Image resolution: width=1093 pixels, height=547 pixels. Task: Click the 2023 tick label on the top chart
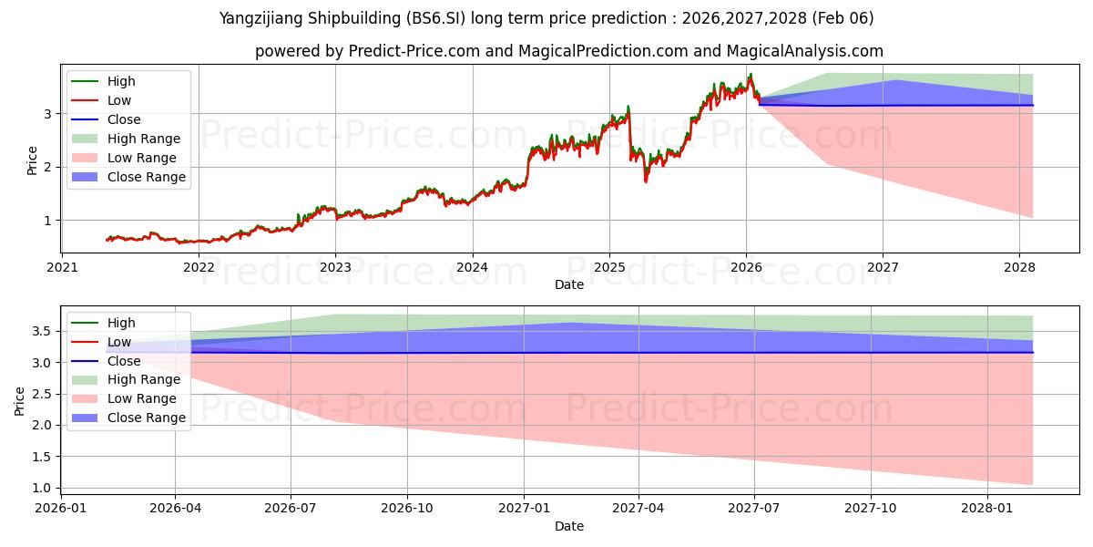click(x=335, y=267)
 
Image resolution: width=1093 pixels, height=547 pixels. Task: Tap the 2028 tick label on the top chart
click(x=1019, y=267)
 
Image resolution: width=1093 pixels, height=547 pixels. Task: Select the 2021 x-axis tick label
click(x=62, y=267)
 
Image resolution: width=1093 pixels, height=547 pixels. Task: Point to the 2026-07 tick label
click(x=291, y=508)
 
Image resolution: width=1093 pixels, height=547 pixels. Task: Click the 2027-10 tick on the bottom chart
click(x=871, y=508)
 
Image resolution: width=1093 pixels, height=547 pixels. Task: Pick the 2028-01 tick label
click(x=987, y=508)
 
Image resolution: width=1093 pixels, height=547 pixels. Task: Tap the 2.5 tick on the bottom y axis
click(x=41, y=394)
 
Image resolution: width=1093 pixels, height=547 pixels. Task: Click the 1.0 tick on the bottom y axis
click(x=41, y=488)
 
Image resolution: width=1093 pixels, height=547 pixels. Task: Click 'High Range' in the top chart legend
click(x=144, y=139)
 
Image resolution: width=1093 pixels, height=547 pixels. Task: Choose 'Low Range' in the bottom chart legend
click(x=143, y=398)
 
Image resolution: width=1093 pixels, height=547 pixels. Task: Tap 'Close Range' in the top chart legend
click(x=147, y=177)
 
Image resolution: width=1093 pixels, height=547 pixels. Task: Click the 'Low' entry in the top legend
click(x=119, y=100)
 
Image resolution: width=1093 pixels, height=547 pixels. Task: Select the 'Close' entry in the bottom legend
click(x=124, y=360)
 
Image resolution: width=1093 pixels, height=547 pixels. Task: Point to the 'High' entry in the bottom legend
click(x=121, y=322)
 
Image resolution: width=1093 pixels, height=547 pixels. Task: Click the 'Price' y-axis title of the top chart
click(x=33, y=160)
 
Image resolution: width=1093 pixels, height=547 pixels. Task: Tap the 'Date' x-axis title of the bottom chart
click(x=569, y=526)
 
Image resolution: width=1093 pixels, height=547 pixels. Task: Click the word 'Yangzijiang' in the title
click(x=261, y=18)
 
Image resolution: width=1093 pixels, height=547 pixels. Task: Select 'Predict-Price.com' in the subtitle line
click(x=414, y=51)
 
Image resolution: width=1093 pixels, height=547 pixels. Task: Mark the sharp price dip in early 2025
click(x=646, y=180)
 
